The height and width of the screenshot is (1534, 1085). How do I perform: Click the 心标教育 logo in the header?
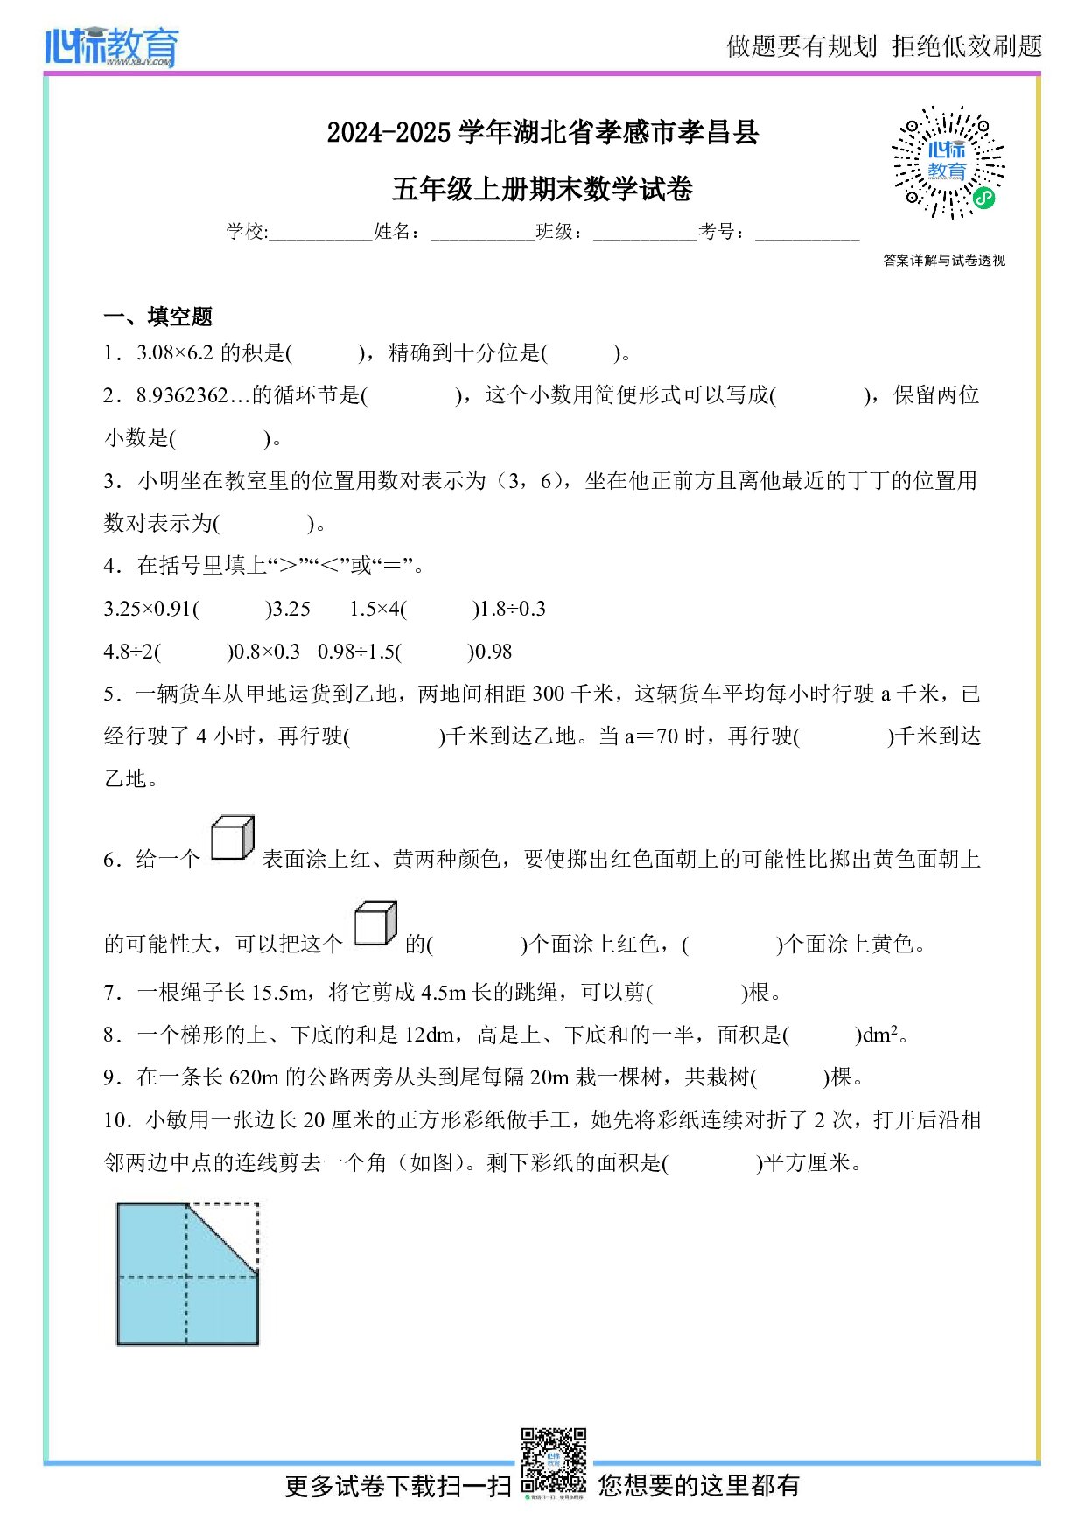[x=111, y=46]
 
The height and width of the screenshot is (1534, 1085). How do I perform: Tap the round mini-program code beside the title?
[x=948, y=163]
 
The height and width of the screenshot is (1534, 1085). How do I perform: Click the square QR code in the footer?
[x=553, y=1461]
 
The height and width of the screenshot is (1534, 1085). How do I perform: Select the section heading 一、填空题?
[x=157, y=317]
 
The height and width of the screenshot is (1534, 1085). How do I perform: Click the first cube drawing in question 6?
[x=232, y=839]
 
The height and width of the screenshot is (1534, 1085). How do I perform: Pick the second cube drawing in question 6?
[x=374, y=924]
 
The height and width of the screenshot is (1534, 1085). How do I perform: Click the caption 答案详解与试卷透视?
[x=944, y=261]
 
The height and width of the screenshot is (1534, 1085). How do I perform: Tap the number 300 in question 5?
[x=548, y=694]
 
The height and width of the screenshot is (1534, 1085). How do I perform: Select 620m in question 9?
[x=254, y=1077]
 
